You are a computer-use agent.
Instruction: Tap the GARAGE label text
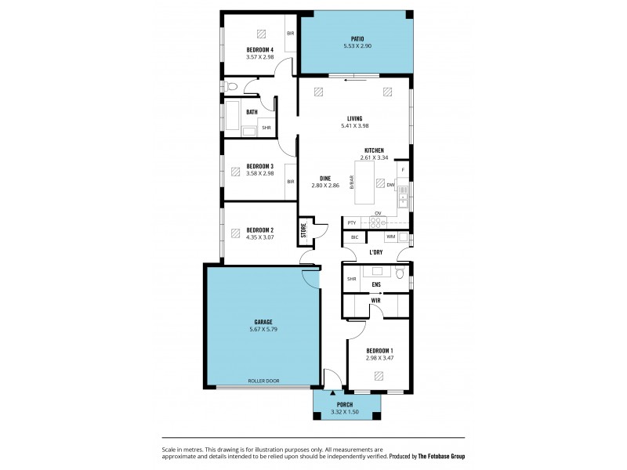click(263, 321)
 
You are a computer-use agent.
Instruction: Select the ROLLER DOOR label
click(263, 381)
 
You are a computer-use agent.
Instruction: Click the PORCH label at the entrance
click(346, 404)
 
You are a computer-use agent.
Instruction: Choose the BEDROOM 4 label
click(259, 49)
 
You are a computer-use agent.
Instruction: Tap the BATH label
click(252, 112)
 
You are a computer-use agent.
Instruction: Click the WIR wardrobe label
click(376, 299)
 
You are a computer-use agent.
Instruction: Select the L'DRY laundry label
click(376, 253)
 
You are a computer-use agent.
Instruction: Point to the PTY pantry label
click(352, 223)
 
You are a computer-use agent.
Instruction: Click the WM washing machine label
click(390, 237)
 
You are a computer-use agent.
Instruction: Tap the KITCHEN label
click(374, 150)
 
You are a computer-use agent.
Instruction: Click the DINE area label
click(324, 177)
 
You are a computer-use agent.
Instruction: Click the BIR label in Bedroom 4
click(290, 34)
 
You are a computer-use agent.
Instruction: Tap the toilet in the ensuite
click(400, 273)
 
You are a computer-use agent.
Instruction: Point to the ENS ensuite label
click(376, 284)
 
